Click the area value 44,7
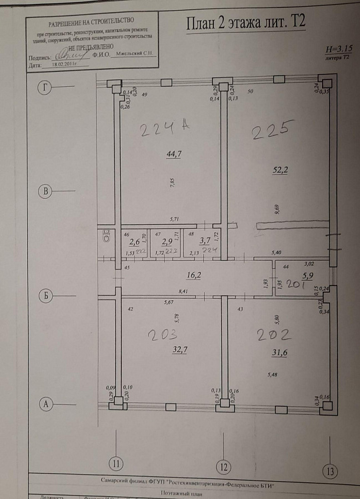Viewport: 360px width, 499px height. click(x=173, y=154)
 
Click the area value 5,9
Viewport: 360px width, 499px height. click(x=307, y=276)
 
